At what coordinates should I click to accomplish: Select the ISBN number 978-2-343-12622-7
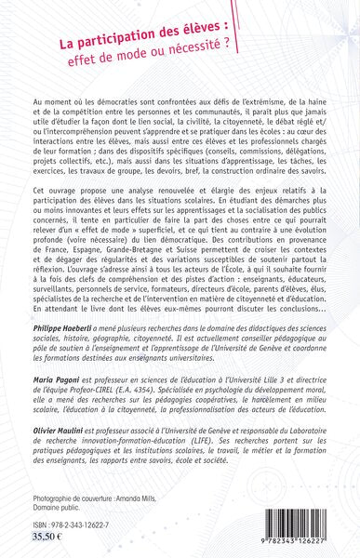[x=76, y=522]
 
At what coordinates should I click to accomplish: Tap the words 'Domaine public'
[x=62, y=501]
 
